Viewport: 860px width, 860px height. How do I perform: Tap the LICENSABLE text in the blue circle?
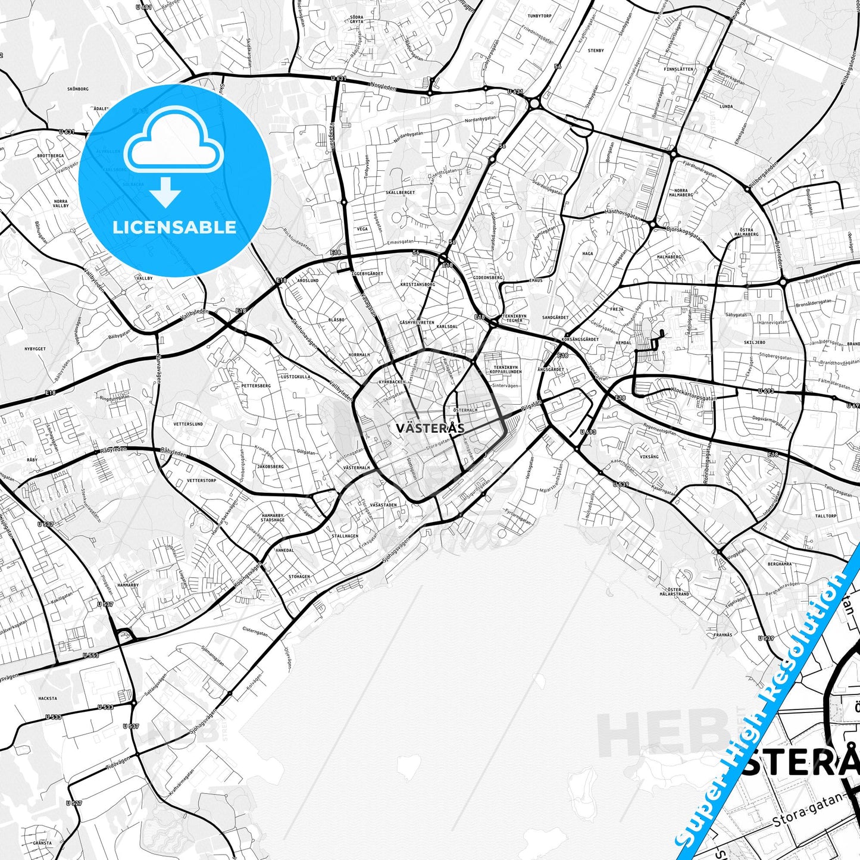click(174, 227)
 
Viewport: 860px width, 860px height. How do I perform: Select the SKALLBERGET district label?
click(400, 193)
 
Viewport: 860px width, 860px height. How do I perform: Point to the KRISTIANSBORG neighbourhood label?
click(418, 284)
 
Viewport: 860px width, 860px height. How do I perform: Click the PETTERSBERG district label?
click(256, 386)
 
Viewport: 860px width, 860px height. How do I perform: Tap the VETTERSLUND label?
click(188, 424)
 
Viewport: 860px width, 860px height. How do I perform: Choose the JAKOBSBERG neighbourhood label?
click(270, 467)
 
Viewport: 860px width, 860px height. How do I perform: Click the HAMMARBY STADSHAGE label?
click(273, 517)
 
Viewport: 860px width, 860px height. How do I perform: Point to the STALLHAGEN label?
click(345, 536)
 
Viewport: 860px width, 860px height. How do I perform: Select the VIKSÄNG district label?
click(649, 456)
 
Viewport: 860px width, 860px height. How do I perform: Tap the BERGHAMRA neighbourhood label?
click(780, 564)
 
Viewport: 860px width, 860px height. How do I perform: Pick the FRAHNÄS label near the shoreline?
click(723, 635)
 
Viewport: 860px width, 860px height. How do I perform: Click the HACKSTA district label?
click(48, 698)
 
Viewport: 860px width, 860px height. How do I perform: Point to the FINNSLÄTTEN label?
click(678, 69)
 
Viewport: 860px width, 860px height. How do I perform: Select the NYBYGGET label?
click(35, 349)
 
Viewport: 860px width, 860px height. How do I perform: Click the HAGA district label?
click(587, 253)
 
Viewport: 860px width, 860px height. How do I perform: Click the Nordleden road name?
click(382, 85)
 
